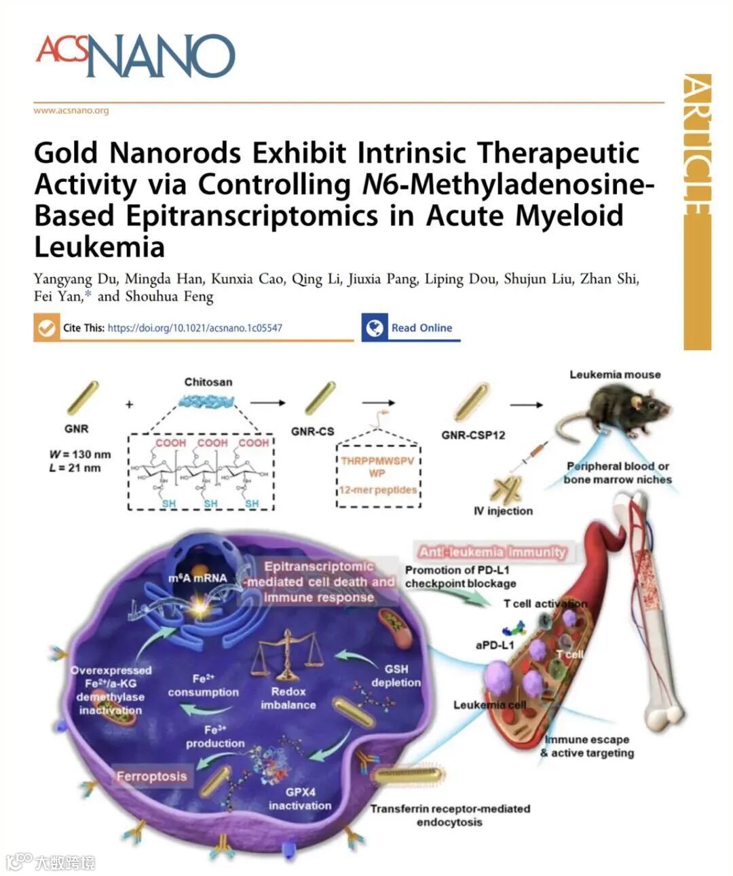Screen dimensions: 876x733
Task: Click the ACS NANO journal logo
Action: [x=135, y=55]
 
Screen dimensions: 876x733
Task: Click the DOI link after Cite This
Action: [x=195, y=328]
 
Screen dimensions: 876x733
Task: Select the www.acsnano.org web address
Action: [x=71, y=111]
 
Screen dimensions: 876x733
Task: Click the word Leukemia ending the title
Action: [x=100, y=247]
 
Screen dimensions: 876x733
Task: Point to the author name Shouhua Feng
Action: [x=169, y=297]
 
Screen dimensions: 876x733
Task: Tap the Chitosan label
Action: [x=208, y=382]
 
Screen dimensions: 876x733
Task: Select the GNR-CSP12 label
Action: [x=473, y=435]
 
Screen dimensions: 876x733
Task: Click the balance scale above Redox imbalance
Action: [x=287, y=655]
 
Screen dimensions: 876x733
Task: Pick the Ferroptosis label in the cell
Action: [x=151, y=776]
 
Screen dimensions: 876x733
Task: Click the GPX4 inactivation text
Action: [x=300, y=799]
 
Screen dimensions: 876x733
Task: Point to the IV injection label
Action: [x=503, y=511]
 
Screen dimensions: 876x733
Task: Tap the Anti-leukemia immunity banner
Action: [x=492, y=552]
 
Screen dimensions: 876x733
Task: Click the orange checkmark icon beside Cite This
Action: [x=46, y=328]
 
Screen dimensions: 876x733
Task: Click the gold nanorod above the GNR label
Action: [x=83, y=397]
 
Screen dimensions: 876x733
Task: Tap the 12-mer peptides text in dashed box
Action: [x=378, y=489]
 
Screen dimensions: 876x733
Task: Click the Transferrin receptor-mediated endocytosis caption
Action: [x=449, y=815]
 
